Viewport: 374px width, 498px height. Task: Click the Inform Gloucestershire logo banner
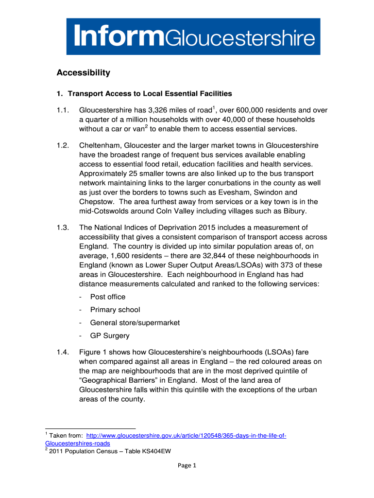click(193, 36)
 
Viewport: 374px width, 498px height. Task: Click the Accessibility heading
click(83, 73)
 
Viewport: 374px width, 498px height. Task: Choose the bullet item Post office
click(108, 297)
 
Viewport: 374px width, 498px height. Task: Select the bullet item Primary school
click(115, 310)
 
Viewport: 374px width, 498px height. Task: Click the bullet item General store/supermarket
click(135, 323)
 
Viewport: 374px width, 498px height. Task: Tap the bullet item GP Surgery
click(110, 336)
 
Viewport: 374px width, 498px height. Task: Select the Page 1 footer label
click(187, 466)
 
